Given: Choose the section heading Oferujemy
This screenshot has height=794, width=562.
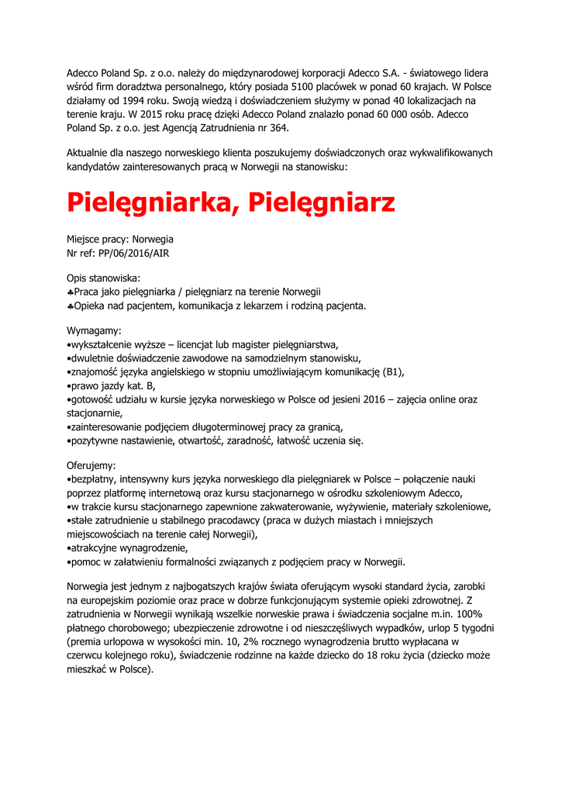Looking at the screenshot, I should pyautogui.click(x=91, y=466).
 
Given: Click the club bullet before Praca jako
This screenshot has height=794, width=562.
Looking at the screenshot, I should pyautogui.click(x=70, y=292).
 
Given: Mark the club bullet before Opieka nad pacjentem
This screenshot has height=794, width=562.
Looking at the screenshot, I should pyautogui.click(x=70, y=306).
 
